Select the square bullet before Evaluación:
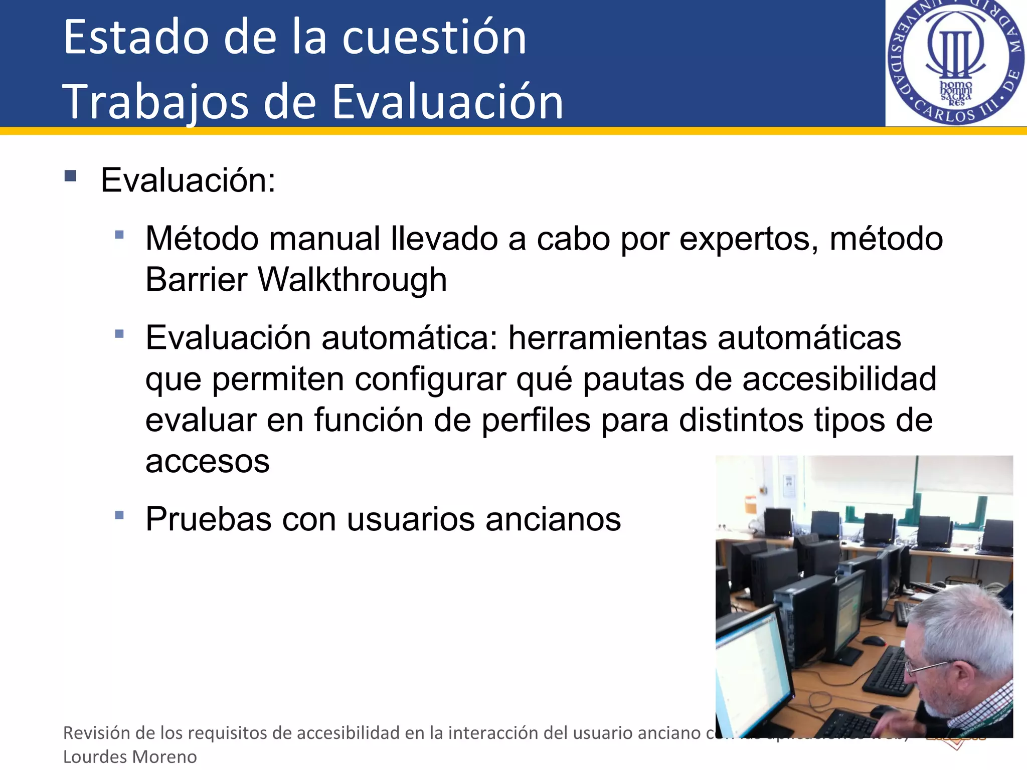pos(70,176)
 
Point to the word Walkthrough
pos(352,280)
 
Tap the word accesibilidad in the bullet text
pos(839,379)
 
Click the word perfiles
pos(536,420)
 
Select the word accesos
pos(207,461)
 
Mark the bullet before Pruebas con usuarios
pos(119,515)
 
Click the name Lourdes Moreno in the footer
pos(130,756)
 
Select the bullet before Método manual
pos(119,234)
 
